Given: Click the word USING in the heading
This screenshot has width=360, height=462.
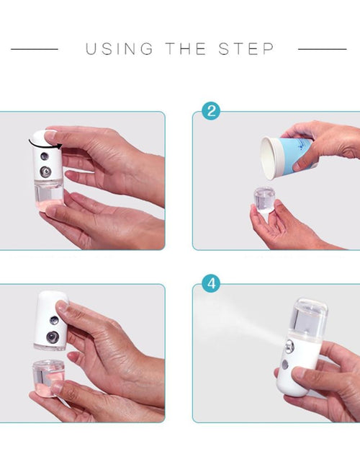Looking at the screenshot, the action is [120, 48].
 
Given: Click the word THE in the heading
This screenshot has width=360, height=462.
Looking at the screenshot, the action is [186, 48].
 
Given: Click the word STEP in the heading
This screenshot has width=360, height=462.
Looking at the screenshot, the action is [246, 48].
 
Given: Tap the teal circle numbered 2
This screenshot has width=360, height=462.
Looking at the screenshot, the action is [211, 111].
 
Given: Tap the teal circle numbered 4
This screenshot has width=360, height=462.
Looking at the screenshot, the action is [211, 283].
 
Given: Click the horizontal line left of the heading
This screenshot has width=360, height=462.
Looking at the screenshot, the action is [35, 49].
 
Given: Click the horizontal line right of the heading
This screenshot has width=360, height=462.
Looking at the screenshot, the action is [323, 49].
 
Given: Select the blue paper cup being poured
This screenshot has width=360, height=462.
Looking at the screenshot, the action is [287, 157].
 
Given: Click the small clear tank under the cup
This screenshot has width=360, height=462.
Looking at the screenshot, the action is [264, 199].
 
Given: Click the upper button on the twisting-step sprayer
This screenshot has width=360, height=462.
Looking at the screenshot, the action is [45, 156].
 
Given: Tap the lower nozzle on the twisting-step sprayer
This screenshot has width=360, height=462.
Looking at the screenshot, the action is [45, 172].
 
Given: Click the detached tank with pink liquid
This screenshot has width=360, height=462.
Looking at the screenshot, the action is [47, 378].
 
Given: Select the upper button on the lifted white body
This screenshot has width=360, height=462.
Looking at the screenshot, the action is [54, 321].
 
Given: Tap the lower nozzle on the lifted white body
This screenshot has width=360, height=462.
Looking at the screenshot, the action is [53, 337].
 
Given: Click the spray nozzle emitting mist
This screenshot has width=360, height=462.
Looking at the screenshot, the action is [289, 347].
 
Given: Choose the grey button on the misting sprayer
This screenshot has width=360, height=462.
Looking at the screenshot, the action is [285, 365].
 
